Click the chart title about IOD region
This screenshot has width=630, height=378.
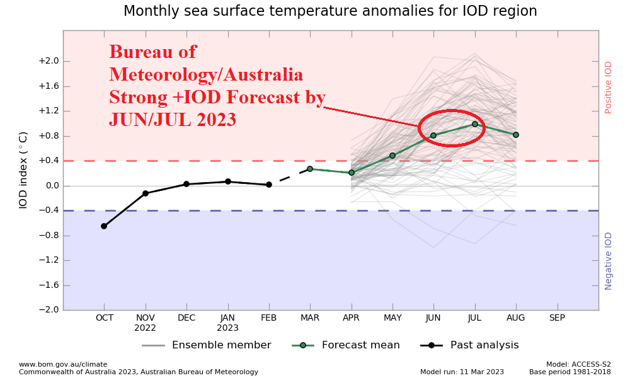(330, 11)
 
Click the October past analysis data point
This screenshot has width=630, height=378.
(104, 226)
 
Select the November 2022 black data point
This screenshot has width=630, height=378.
(146, 193)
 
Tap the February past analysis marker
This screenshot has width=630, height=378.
(269, 185)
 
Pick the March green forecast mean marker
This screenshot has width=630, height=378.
(310, 169)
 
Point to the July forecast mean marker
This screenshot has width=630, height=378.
(474, 124)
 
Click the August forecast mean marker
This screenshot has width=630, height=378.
(516, 135)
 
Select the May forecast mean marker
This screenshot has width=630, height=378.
(392, 156)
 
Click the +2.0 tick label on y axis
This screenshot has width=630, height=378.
(49, 61)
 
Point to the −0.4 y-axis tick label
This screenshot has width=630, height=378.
(49, 210)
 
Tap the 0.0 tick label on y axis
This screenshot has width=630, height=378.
(51, 186)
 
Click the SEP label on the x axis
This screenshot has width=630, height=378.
(557, 318)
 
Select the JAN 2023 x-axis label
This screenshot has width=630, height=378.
(227, 323)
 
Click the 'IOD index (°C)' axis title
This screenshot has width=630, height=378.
(23, 170)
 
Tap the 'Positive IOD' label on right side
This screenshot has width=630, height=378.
(608, 87)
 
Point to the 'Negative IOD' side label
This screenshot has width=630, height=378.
(608, 261)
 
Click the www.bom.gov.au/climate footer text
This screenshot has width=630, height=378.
(63, 364)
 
